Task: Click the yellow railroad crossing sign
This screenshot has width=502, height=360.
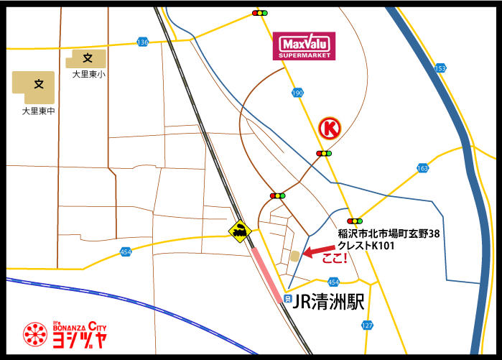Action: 239,230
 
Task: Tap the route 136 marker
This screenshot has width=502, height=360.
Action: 142,43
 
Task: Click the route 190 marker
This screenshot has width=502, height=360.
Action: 298,93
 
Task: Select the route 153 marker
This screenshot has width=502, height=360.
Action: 440,68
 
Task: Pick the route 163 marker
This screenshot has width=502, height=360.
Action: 422,168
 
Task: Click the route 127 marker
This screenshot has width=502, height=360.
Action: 367,326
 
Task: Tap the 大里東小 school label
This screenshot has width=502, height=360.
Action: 88,74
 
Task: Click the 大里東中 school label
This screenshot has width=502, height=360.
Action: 39,111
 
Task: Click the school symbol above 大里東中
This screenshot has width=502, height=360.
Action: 39,85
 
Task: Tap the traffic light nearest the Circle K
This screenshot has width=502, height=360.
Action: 325,153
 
